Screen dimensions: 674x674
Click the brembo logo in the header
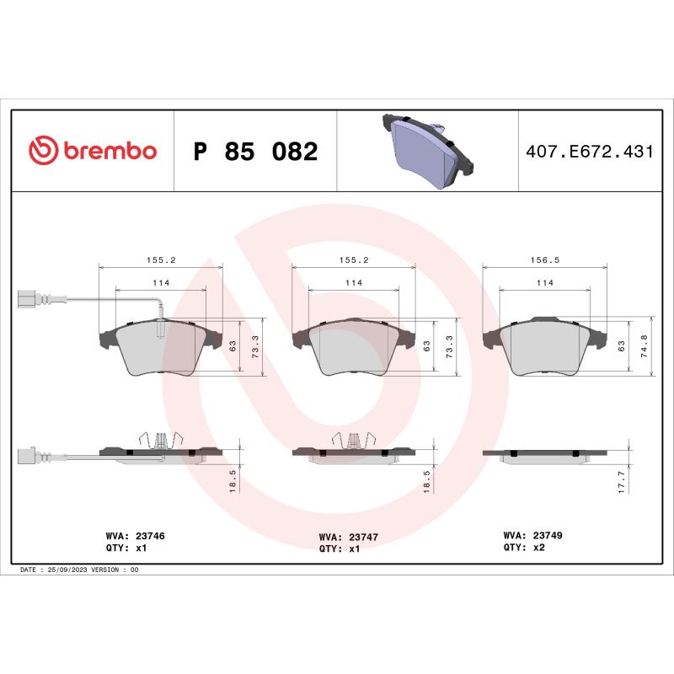click(x=93, y=151)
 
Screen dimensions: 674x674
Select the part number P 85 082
click(x=255, y=152)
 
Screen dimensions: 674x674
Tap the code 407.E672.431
click(x=589, y=152)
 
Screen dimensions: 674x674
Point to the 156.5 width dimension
click(x=543, y=261)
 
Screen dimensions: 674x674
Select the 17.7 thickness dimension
click(x=621, y=482)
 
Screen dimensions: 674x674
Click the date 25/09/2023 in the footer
click(x=69, y=570)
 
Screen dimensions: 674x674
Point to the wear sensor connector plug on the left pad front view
click(x=29, y=298)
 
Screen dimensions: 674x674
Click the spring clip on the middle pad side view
click(x=352, y=440)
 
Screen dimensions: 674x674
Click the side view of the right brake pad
click(x=543, y=454)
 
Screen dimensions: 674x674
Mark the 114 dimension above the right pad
click(x=544, y=283)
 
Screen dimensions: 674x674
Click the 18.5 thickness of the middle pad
click(x=428, y=482)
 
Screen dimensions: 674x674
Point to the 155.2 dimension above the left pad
click(x=161, y=261)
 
